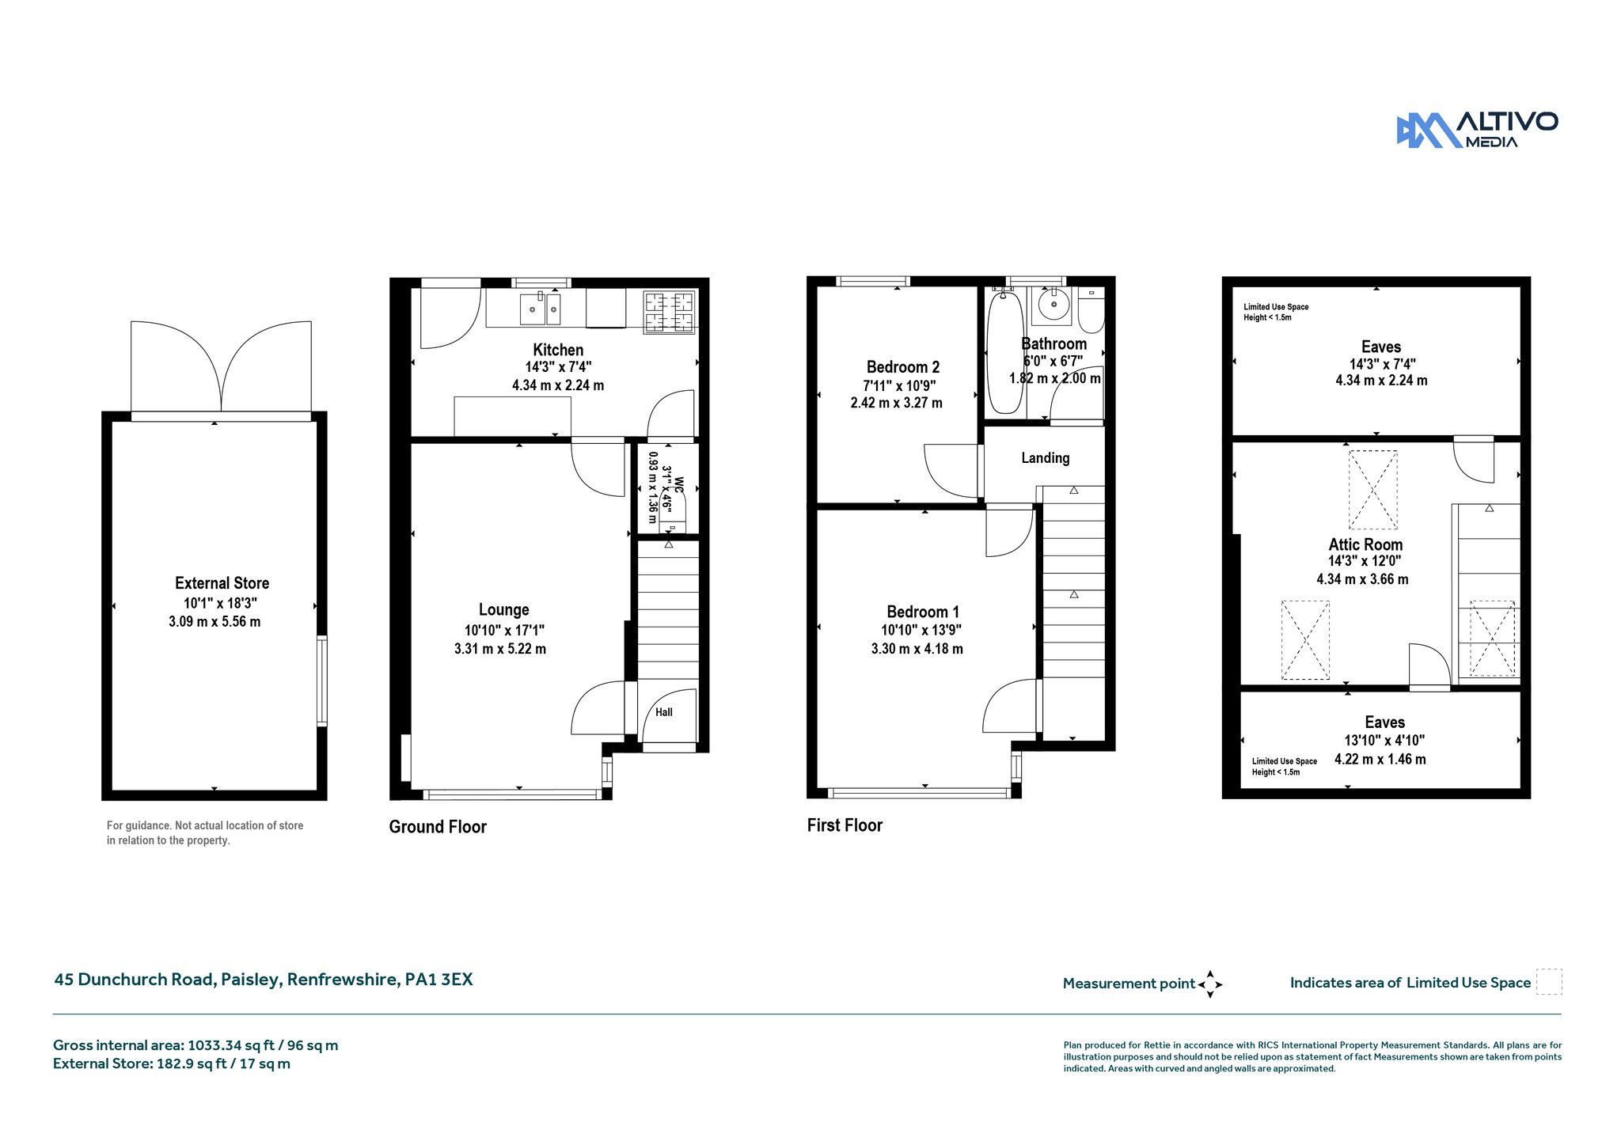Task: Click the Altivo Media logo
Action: pyautogui.click(x=1477, y=130)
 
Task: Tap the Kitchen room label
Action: pyautogui.click(x=558, y=350)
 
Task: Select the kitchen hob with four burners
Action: pyautogui.click(x=669, y=312)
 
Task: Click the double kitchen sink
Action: pyautogui.click(x=541, y=309)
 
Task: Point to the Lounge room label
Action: pyautogui.click(x=503, y=610)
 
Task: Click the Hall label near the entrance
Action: pyautogui.click(x=664, y=712)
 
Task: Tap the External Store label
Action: pyautogui.click(x=222, y=583)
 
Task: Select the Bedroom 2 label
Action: pyautogui.click(x=903, y=367)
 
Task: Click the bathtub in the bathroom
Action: pyautogui.click(x=1005, y=351)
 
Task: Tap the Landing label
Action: pyautogui.click(x=1045, y=458)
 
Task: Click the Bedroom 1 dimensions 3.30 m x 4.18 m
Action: pyautogui.click(x=917, y=649)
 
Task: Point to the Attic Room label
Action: pyautogui.click(x=1365, y=544)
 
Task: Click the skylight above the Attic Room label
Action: pyautogui.click(x=1372, y=490)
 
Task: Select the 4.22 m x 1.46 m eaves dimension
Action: pyautogui.click(x=1380, y=760)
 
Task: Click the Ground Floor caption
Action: pyautogui.click(x=438, y=827)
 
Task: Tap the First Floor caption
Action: pyautogui.click(x=845, y=825)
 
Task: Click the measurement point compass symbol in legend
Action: pyautogui.click(x=1210, y=984)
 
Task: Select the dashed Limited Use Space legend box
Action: pyautogui.click(x=1549, y=982)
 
